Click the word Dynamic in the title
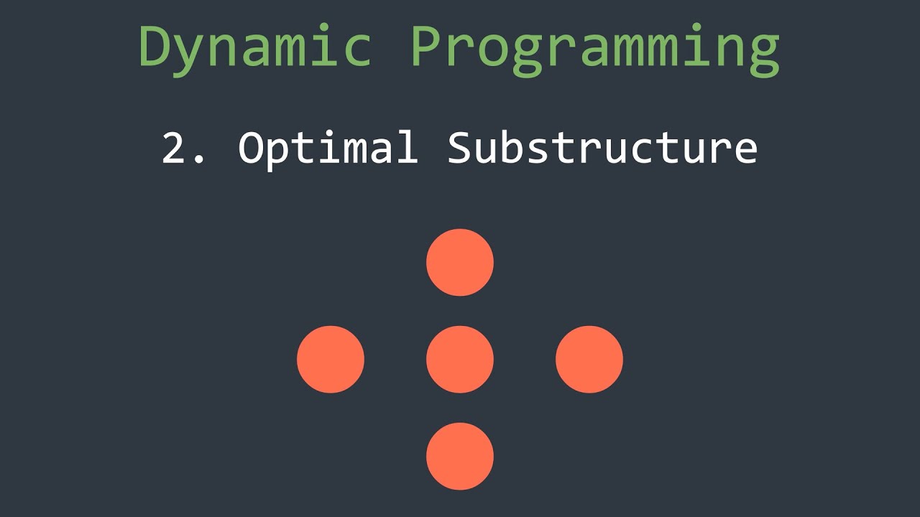click(x=255, y=47)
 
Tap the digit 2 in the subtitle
click(x=174, y=149)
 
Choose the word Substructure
click(x=602, y=149)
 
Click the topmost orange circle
click(x=460, y=262)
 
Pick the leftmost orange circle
click(x=331, y=359)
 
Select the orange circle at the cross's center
click(x=460, y=359)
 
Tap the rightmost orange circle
click(x=589, y=359)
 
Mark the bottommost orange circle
click(x=460, y=456)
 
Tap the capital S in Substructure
click(x=461, y=149)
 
